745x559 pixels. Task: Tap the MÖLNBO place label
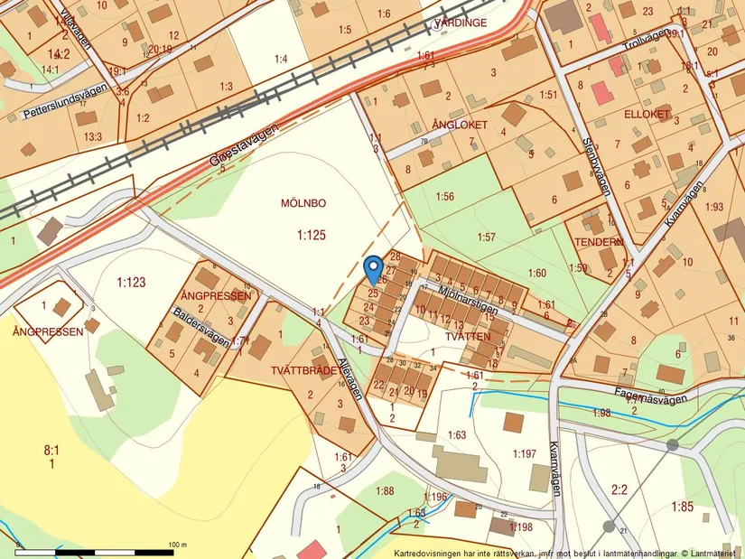click(303, 203)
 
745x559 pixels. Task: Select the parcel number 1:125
click(311, 235)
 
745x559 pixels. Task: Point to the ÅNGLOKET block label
click(460, 125)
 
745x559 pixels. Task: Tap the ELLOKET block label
click(647, 115)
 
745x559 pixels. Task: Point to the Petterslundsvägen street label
click(65, 102)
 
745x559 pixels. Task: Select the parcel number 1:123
click(131, 283)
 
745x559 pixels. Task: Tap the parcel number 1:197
click(525, 453)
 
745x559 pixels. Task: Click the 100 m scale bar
click(99, 550)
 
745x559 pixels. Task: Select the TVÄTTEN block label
click(468, 336)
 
